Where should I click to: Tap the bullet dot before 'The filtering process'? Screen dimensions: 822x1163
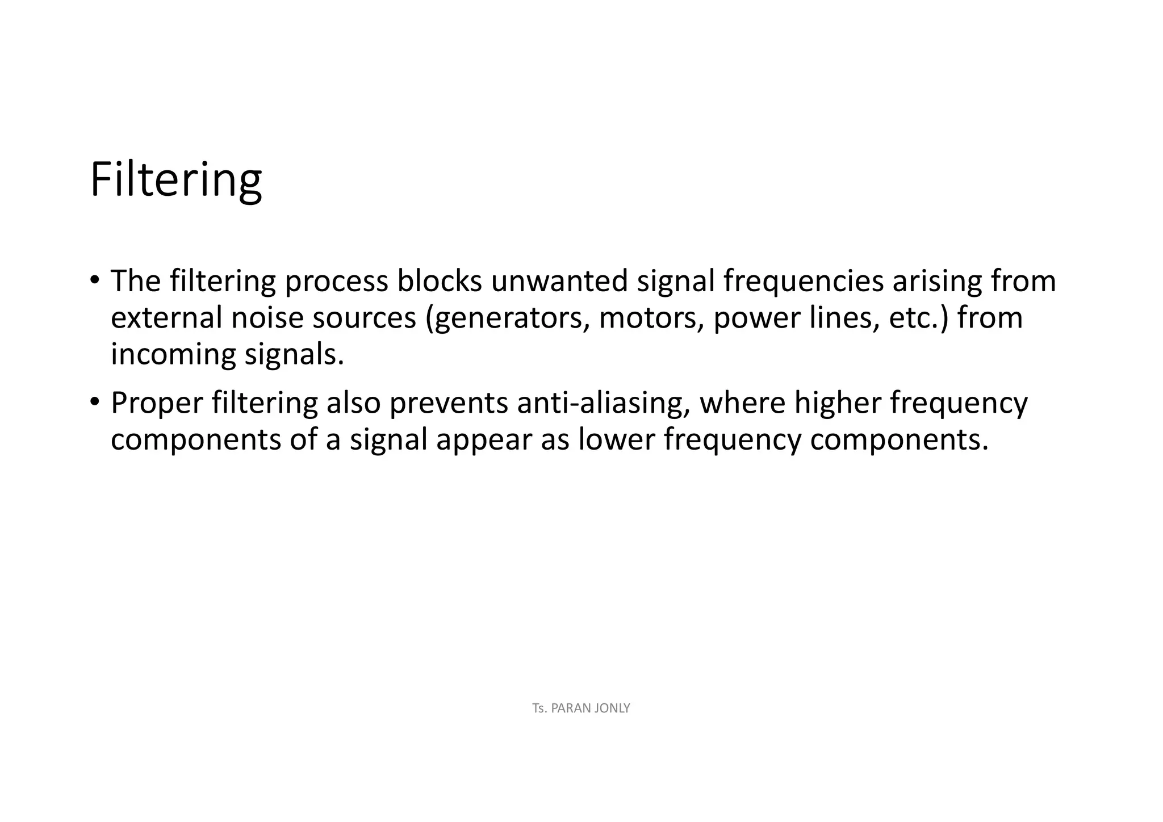coord(95,280)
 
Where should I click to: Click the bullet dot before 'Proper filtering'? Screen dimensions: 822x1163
coord(95,402)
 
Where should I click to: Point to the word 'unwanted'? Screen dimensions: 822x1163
coord(559,280)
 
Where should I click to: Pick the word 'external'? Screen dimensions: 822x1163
coord(166,317)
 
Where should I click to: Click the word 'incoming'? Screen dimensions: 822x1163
coord(173,354)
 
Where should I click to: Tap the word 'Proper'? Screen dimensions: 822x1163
coord(157,403)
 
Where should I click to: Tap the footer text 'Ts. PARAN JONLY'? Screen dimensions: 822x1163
coord(581,708)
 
